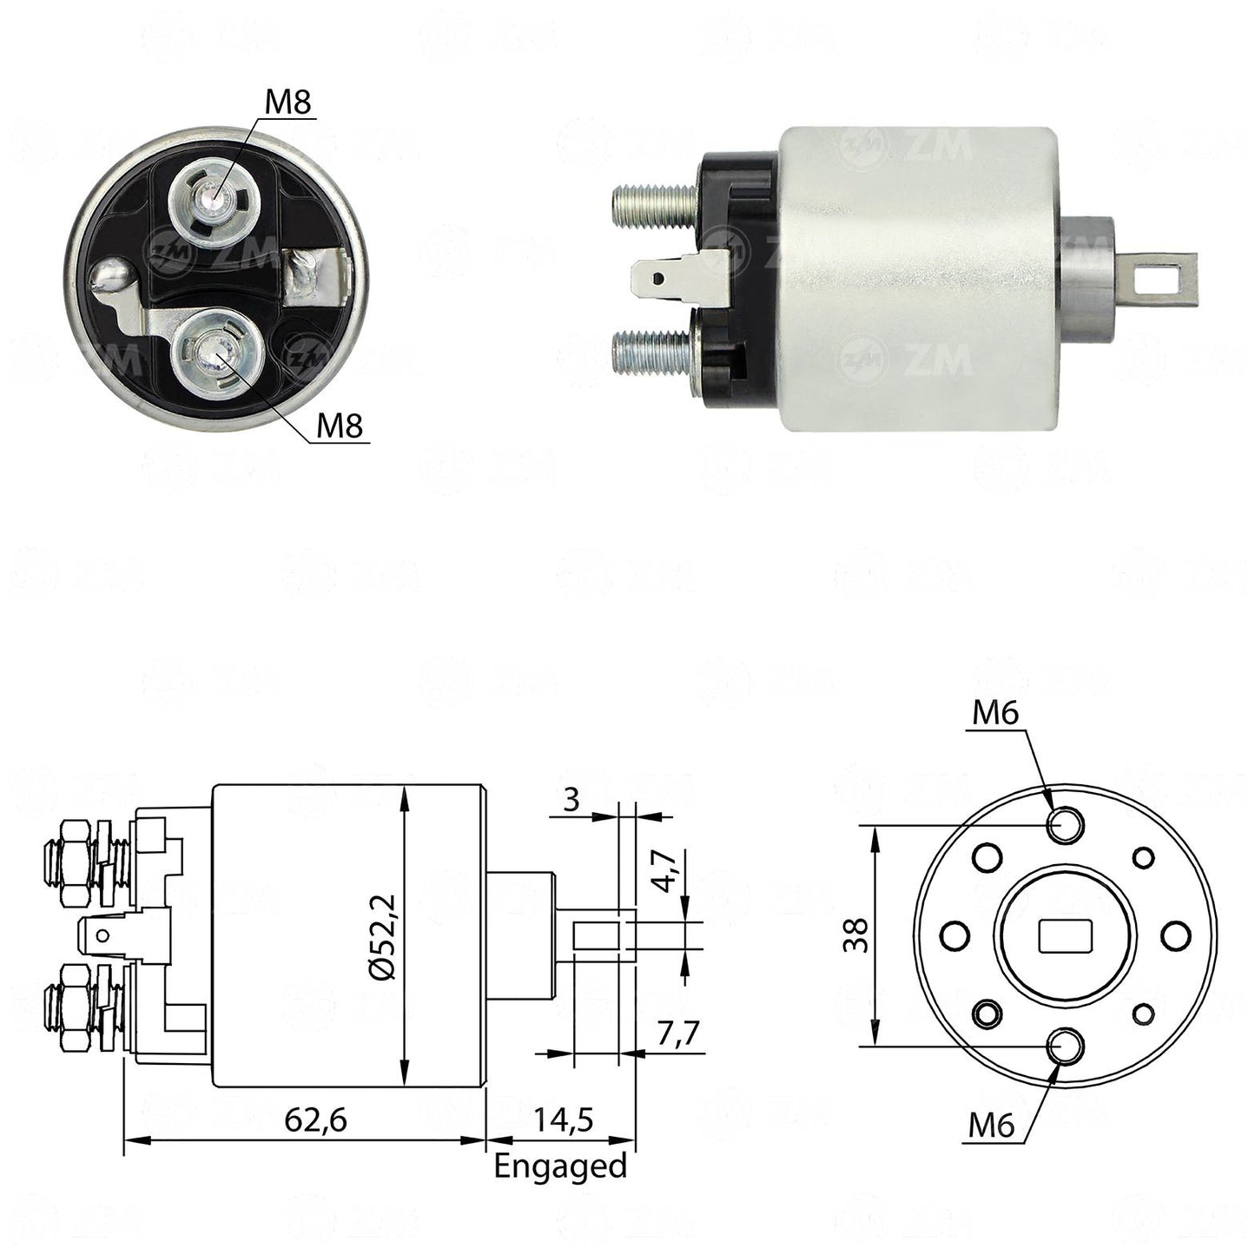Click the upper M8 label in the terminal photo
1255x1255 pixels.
point(288,102)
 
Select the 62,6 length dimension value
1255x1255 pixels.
point(316,1121)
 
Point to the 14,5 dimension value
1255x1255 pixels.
point(564,1121)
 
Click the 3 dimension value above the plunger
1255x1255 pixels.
point(571,800)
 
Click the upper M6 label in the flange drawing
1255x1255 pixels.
point(994,715)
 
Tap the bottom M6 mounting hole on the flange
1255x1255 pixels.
point(1065,1047)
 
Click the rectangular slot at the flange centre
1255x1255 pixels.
point(1065,936)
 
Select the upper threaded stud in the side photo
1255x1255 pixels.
point(657,204)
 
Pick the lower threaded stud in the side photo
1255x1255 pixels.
point(655,353)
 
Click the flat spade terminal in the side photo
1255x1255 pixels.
point(681,280)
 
